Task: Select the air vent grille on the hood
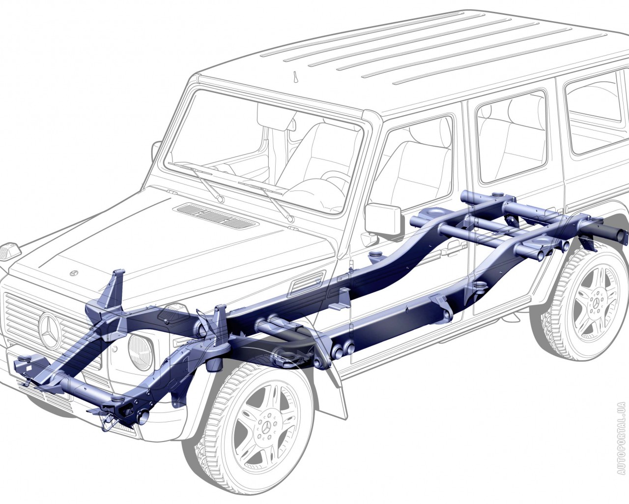coord(216,216)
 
